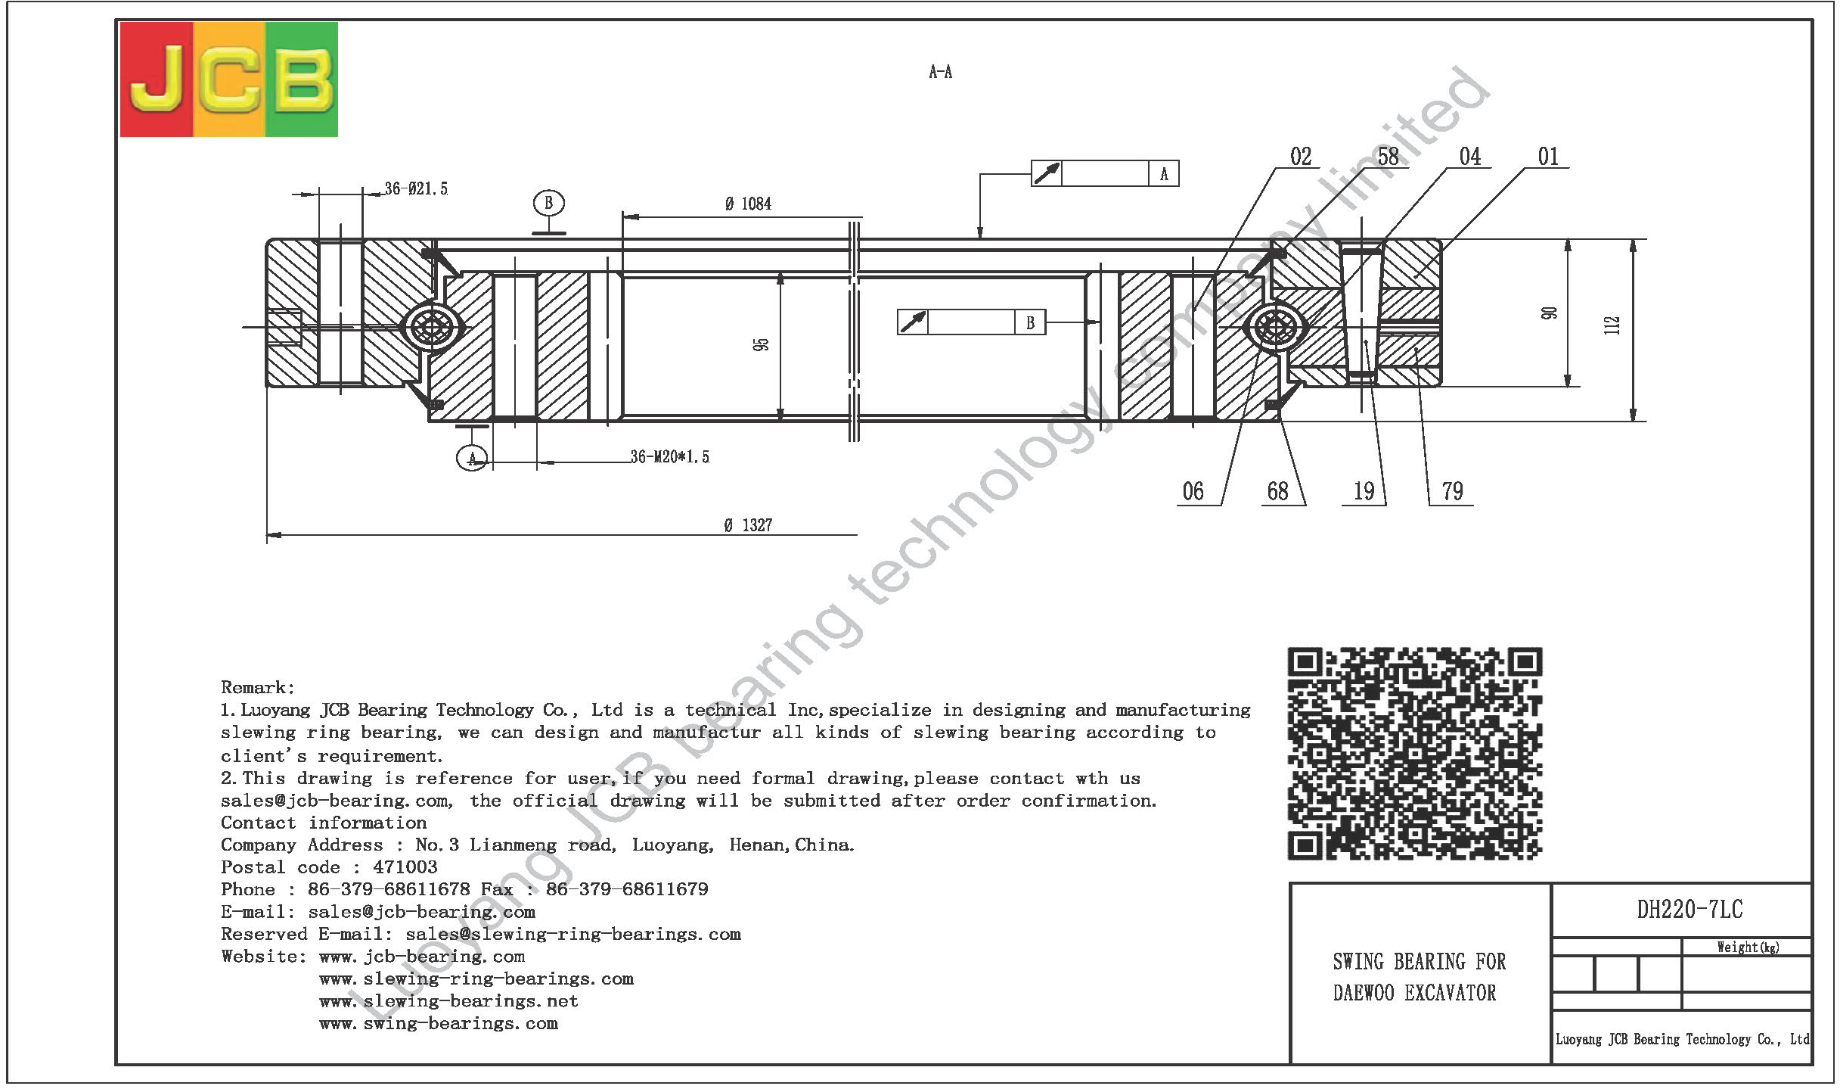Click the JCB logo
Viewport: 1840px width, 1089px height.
[229, 79]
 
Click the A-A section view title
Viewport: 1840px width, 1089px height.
[940, 72]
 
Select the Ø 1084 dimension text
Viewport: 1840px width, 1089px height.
[748, 204]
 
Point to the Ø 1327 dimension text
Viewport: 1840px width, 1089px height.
[748, 525]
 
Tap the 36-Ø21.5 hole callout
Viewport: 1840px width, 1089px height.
[416, 188]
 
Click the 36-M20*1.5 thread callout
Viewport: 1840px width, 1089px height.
[670, 456]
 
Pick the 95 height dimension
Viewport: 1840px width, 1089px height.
[761, 344]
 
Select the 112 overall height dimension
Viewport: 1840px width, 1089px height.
[1612, 325]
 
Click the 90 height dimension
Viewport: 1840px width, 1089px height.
[1549, 313]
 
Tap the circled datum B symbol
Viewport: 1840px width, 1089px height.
[548, 203]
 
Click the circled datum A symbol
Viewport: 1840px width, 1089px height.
[472, 457]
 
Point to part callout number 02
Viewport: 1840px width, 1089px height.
[1301, 157]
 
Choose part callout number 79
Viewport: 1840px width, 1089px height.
[1452, 491]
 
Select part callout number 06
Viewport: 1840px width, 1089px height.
[1193, 491]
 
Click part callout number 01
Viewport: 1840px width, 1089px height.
[1548, 157]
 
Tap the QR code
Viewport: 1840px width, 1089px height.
[1415, 754]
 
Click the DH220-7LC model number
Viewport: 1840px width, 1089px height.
[1690, 909]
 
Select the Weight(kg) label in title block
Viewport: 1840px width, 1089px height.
[1747, 947]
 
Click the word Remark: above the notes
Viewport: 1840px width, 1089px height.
[257, 687]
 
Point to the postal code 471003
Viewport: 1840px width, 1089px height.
[405, 867]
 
